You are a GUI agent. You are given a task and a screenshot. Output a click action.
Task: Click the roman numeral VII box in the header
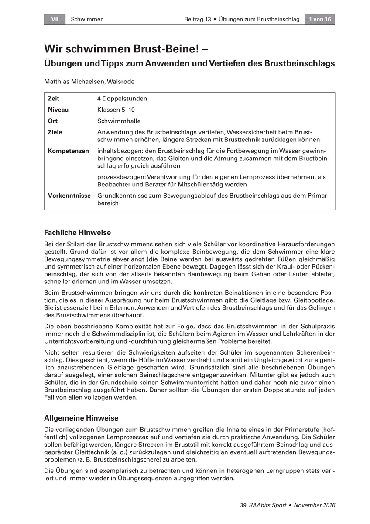coord(55,19)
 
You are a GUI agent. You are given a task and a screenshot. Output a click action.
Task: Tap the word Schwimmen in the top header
coord(87,19)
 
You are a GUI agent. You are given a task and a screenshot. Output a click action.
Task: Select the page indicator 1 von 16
coord(320,19)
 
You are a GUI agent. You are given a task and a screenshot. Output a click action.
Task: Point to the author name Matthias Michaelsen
coord(72,81)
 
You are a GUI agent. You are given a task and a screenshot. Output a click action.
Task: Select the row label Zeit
coord(53,99)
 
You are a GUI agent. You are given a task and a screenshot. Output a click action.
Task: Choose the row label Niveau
coord(58,110)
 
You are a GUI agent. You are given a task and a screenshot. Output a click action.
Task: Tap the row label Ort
coord(52,121)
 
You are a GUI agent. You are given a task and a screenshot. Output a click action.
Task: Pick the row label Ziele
coord(55,132)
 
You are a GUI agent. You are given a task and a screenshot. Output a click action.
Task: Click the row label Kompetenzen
coord(68,151)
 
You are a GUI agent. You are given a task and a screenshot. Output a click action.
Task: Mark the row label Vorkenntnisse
coord(69,196)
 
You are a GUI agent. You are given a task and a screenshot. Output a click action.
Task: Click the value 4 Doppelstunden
coord(122,99)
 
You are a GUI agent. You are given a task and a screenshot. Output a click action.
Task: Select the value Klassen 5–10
coord(116,110)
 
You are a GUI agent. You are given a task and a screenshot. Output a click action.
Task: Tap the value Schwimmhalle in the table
coord(119,121)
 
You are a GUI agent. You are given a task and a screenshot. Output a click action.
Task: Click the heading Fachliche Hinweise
coord(78,233)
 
